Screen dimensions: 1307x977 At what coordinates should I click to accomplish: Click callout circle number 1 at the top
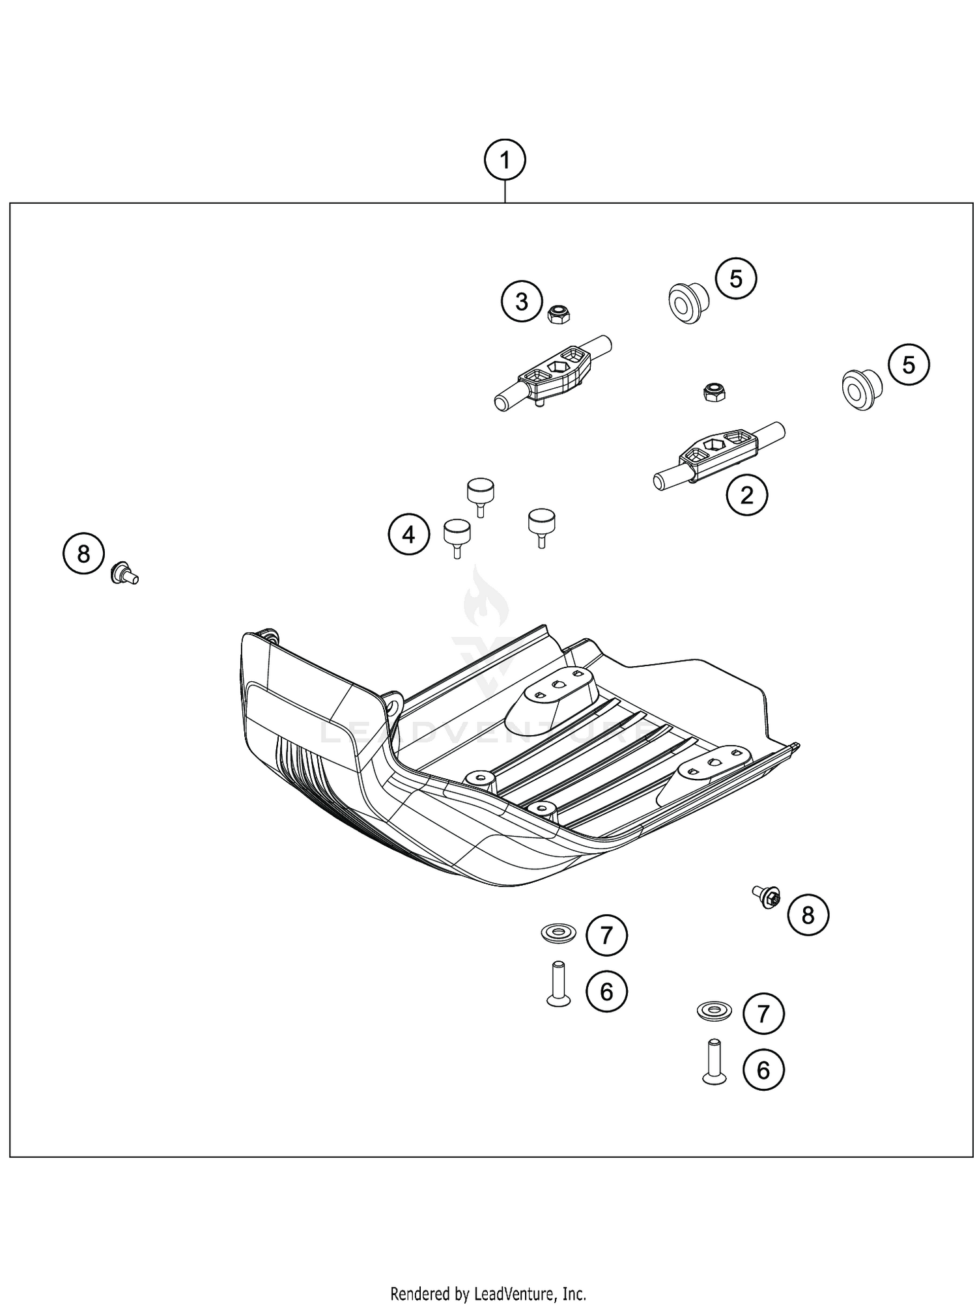[x=505, y=160]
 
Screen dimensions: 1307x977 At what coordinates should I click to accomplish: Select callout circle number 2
[x=746, y=496]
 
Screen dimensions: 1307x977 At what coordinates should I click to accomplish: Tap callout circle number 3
[x=521, y=302]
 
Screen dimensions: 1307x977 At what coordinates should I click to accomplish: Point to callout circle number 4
[x=408, y=535]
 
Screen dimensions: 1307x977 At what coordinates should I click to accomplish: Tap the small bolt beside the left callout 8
[x=123, y=573]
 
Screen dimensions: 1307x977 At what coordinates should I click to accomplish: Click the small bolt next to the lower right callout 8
[x=767, y=897]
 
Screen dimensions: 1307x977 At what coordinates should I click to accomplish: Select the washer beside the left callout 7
[x=558, y=933]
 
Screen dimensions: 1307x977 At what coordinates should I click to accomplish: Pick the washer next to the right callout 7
[x=714, y=1011]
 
